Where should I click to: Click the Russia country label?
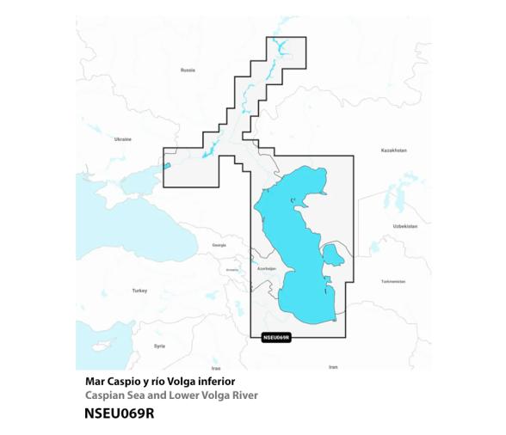[x=188, y=70]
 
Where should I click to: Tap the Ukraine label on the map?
[x=123, y=138]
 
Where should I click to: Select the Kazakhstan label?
[x=393, y=150]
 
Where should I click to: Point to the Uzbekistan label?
[x=404, y=226]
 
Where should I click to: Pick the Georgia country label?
[x=219, y=245]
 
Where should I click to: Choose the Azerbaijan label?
[x=267, y=269]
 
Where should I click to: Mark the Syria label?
[x=159, y=346]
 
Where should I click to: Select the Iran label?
[x=333, y=367]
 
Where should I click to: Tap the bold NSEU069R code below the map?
[x=120, y=413]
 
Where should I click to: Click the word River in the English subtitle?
[x=241, y=395]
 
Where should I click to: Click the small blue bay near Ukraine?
[x=169, y=166]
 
